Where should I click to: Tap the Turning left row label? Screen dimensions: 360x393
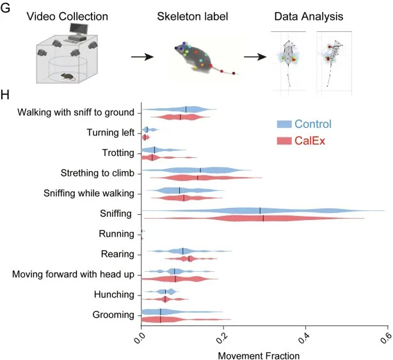(x=110, y=132)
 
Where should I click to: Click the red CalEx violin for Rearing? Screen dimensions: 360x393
(x=189, y=259)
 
